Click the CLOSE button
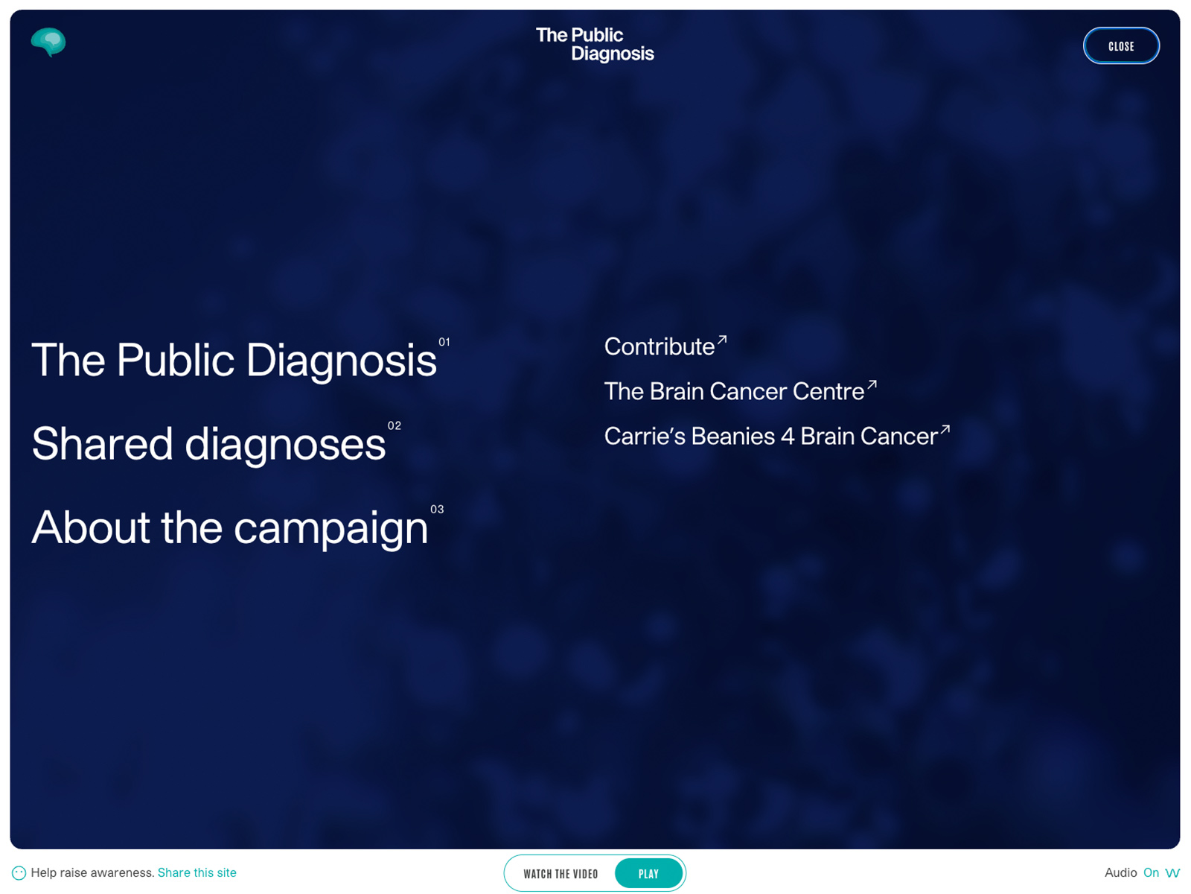pos(1121,46)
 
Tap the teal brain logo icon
pos(48,42)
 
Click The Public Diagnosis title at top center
pos(595,44)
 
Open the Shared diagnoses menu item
pos(209,444)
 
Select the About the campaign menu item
pos(230,528)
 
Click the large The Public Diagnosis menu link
pos(234,360)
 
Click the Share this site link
pos(197,873)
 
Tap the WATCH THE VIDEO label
pos(561,874)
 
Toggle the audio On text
pos(1151,873)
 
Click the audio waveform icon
pos(1172,873)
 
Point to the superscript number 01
pos(444,342)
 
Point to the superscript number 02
pos(394,425)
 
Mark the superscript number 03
pos(437,509)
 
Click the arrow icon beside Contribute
pos(721,340)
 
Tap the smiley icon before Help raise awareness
pos(19,873)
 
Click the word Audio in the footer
pos(1120,873)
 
